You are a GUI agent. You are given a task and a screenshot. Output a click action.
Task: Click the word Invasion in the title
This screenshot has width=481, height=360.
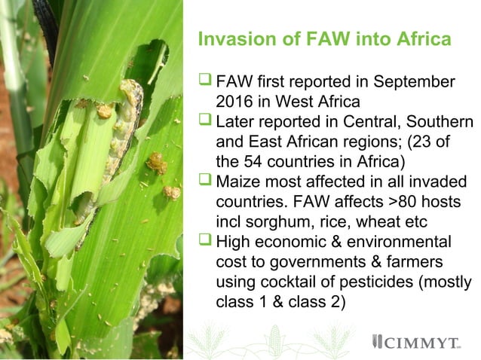pos(228,39)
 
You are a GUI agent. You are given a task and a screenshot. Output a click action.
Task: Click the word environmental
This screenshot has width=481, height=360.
pos(400,241)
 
